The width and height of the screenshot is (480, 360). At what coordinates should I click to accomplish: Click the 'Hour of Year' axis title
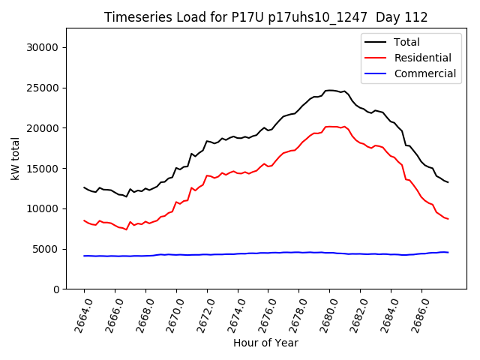click(265, 343)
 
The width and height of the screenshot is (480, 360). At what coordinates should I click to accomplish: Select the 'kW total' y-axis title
click(15, 159)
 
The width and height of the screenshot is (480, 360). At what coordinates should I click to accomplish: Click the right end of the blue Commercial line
click(448, 252)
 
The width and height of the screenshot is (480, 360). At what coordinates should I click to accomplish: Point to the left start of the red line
click(84, 220)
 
